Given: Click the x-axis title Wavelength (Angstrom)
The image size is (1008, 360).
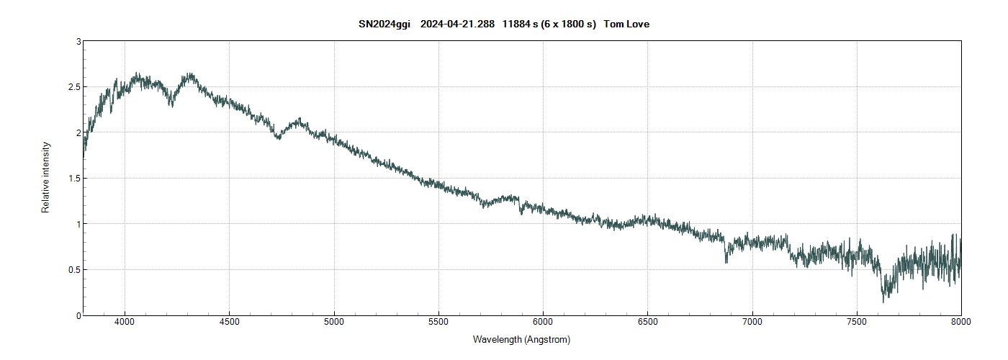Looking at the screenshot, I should coord(521,339).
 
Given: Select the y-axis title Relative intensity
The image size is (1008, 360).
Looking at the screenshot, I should coord(45,177).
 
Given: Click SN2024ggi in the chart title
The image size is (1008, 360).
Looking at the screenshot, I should coord(384,24).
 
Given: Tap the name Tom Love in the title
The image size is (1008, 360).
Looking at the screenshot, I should coord(627,24).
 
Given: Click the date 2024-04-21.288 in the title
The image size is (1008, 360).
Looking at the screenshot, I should coord(457,24).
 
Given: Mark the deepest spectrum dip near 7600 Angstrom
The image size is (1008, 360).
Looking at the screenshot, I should coord(883,300).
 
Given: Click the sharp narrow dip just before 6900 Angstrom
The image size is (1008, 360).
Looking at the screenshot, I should coord(726,261).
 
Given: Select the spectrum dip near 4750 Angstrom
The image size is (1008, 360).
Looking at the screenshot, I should coord(279,138).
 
